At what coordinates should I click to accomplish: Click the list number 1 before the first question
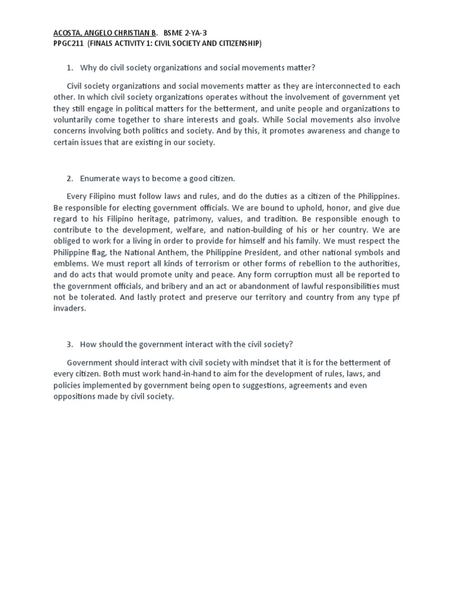tap(69, 68)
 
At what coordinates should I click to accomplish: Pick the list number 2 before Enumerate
tap(69, 178)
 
